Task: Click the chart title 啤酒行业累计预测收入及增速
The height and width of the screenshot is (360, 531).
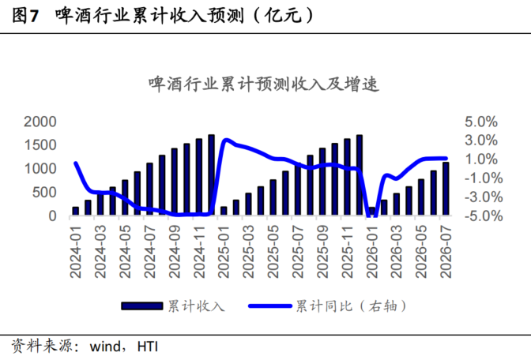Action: click(264, 84)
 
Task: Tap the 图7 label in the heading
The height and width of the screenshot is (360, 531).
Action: click(25, 16)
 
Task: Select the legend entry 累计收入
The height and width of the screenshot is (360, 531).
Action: click(173, 306)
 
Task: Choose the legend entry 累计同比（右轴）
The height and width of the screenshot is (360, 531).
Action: click(327, 306)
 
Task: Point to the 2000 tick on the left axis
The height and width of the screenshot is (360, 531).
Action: click(40, 122)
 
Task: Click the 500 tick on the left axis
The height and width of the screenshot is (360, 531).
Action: click(44, 193)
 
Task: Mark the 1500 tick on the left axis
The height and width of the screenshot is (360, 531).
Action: click(40, 145)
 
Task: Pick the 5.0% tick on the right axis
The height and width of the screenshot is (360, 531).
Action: click(481, 122)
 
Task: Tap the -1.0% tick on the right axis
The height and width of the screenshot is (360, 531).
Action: click(484, 178)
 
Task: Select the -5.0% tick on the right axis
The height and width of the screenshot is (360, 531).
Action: click(484, 216)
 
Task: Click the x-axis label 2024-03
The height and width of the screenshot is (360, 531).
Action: click(100, 251)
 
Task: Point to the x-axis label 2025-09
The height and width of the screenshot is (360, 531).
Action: click(322, 251)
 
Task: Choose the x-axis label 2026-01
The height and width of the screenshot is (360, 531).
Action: click(372, 251)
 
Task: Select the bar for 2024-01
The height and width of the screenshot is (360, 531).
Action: click(76, 211)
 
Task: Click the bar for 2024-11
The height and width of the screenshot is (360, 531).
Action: click(199, 177)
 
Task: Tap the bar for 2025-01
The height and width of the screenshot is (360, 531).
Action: click(224, 211)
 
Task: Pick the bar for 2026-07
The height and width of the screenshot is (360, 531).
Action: click(446, 189)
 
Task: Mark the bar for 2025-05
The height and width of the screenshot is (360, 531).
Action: click(273, 197)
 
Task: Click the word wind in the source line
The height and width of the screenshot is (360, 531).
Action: click(105, 347)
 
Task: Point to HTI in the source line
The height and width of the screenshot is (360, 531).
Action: click(148, 347)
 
